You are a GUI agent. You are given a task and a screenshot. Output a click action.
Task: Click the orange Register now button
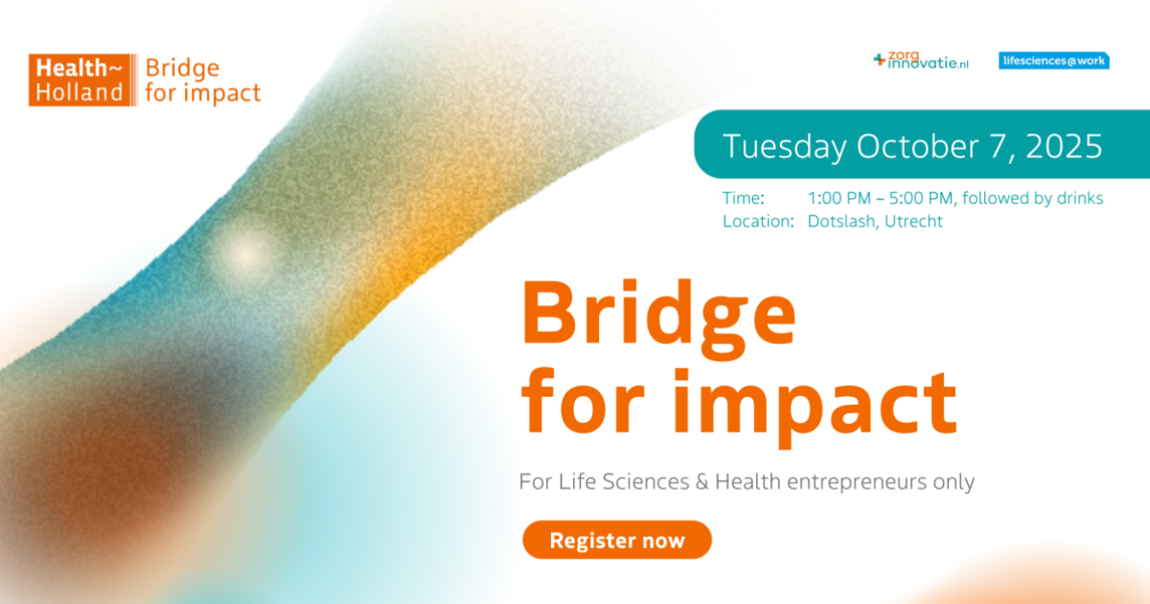(617, 540)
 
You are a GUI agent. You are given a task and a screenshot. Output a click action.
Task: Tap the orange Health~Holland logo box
(80, 81)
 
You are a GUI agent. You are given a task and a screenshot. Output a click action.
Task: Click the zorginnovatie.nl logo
(921, 60)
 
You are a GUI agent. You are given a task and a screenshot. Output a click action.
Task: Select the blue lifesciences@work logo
(1054, 60)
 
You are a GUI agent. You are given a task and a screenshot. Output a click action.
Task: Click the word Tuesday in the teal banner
(785, 148)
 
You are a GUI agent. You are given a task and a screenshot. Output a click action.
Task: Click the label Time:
(744, 198)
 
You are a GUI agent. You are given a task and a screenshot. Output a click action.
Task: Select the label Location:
(758, 221)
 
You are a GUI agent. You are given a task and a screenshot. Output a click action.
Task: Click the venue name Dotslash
(843, 221)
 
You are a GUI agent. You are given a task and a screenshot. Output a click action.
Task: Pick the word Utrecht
(914, 221)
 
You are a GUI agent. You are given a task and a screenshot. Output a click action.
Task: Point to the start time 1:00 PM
(839, 198)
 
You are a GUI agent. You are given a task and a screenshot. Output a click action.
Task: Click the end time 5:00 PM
(921, 198)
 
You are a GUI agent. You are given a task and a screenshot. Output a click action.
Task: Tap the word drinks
(1080, 198)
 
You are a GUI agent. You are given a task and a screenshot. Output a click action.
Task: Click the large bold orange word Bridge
(658, 318)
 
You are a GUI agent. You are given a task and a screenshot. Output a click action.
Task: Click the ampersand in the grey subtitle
(701, 481)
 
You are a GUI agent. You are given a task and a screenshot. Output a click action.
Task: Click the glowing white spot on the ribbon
(246, 254)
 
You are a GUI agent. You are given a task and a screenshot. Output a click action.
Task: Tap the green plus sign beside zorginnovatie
(880, 59)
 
